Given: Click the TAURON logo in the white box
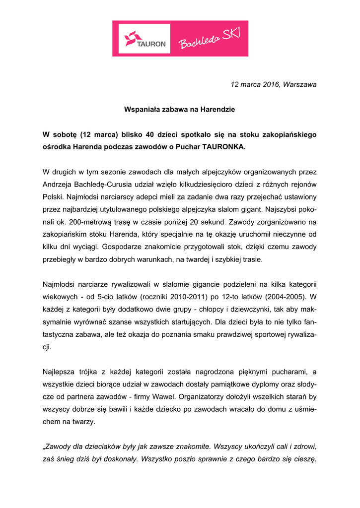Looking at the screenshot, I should (x=144, y=39).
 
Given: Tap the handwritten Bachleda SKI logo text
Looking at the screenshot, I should (x=209, y=39).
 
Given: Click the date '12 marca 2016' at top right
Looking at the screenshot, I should (x=254, y=84).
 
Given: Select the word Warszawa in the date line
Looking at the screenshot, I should (x=300, y=84).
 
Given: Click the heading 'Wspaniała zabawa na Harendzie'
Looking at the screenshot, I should (x=179, y=109).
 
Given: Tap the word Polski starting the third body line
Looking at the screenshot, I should (x=52, y=197).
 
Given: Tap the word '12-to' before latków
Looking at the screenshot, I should (x=230, y=297).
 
